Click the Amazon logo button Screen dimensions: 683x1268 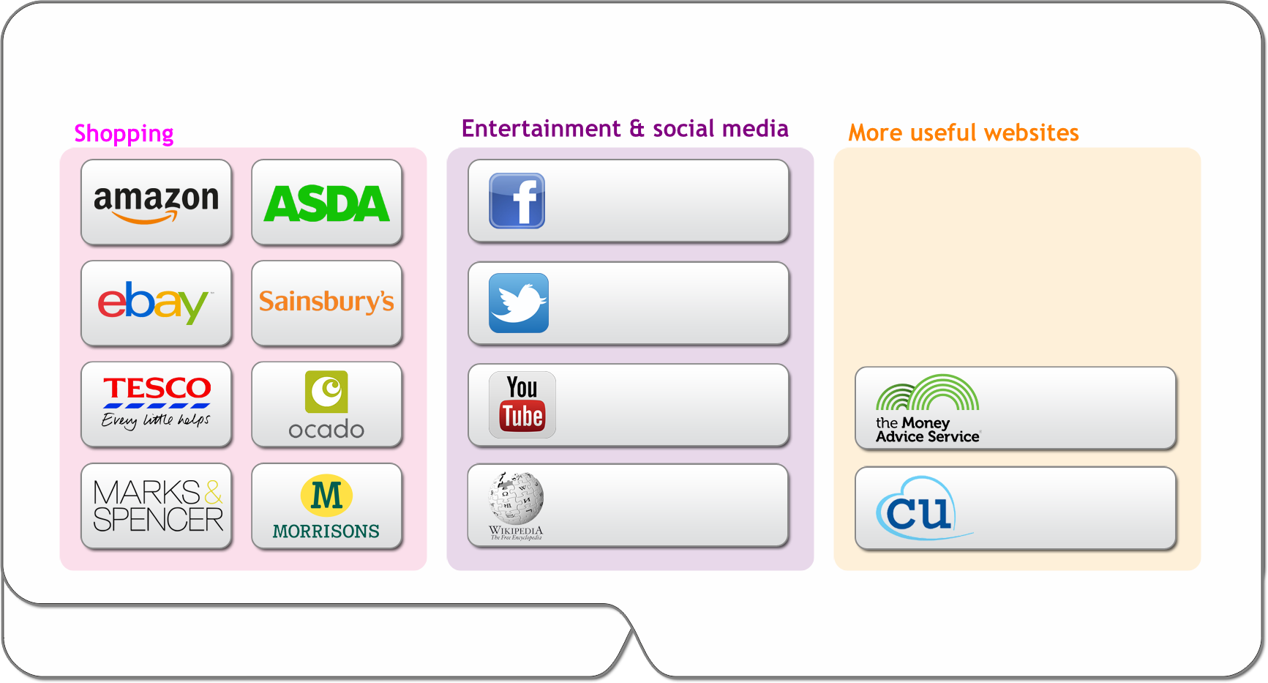point(156,202)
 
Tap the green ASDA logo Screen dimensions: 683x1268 point(326,203)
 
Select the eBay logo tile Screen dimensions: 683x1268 point(156,302)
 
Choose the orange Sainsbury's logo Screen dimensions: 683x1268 point(326,302)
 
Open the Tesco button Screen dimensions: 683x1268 point(156,403)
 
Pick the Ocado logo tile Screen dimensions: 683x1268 point(326,404)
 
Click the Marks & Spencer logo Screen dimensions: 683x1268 point(157,505)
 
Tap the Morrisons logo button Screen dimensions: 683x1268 point(326,506)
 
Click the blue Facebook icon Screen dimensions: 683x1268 point(517,201)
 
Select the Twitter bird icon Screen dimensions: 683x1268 point(519,302)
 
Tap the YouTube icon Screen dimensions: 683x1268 point(522,404)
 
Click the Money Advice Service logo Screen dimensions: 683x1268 point(927,408)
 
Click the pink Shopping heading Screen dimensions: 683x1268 point(124,133)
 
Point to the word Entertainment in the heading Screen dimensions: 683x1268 point(541,129)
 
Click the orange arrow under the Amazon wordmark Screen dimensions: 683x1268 point(147,217)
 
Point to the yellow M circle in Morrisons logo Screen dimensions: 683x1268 point(326,495)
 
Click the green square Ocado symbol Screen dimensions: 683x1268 point(326,392)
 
